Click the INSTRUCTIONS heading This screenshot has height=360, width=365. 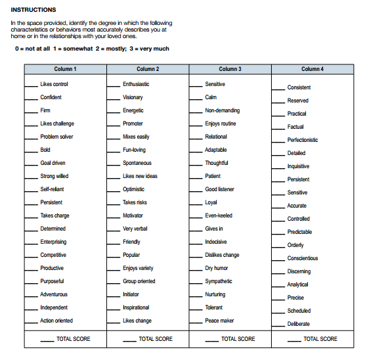pyautogui.click(x=33, y=10)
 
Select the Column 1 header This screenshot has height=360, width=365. pyautogui.click(x=65, y=69)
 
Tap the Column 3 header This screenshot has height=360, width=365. pyautogui.click(x=230, y=69)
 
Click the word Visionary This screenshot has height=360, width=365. pyautogui.click(x=133, y=97)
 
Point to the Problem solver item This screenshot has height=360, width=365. pyautogui.click(x=56, y=137)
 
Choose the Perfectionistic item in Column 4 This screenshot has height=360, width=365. pyautogui.click(x=303, y=140)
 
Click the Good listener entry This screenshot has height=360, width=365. pyautogui.click(x=219, y=189)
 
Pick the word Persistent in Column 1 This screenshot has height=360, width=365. pyautogui.click(x=51, y=202)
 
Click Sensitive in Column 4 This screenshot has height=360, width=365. pyautogui.click(x=297, y=192)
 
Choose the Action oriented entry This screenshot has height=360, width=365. pyautogui.click(x=56, y=321)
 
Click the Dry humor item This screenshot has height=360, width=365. pyautogui.click(x=217, y=268)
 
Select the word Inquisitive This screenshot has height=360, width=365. pyautogui.click(x=298, y=166)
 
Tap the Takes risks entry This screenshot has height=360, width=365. pyautogui.click(x=135, y=202)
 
